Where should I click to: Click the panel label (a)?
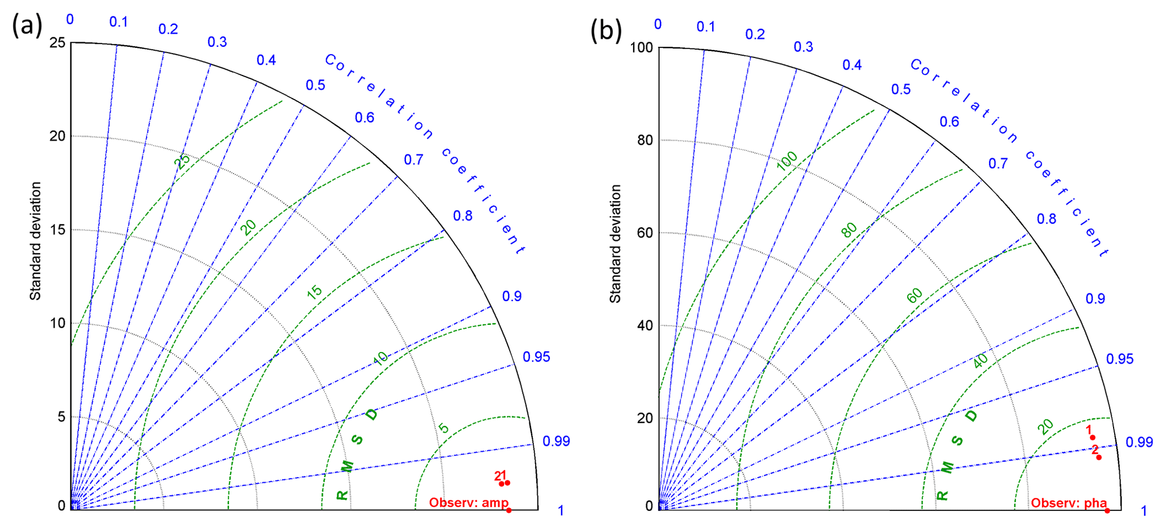(x=26, y=26)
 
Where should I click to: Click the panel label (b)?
(x=606, y=30)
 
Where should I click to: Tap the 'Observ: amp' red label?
(x=469, y=502)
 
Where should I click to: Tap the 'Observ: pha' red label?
(x=1069, y=503)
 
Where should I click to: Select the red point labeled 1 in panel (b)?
(x=1092, y=438)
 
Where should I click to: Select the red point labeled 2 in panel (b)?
(x=1099, y=457)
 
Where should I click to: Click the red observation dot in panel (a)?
(x=509, y=510)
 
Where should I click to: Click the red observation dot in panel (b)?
(x=1107, y=510)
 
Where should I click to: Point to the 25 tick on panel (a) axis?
(x=58, y=43)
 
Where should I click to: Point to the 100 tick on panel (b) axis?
(x=641, y=47)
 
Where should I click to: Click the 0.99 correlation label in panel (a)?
(x=556, y=441)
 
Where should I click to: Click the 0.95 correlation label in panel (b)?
(x=1119, y=359)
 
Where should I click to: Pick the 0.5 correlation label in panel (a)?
(x=315, y=85)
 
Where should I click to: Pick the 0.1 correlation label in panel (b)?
(x=705, y=27)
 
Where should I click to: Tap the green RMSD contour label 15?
(x=315, y=292)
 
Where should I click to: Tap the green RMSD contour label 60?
(x=915, y=295)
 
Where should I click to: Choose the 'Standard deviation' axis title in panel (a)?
(x=36, y=241)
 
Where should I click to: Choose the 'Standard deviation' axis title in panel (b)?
(x=615, y=244)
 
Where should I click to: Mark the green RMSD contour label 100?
(x=787, y=161)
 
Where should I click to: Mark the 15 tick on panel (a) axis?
(x=58, y=230)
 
